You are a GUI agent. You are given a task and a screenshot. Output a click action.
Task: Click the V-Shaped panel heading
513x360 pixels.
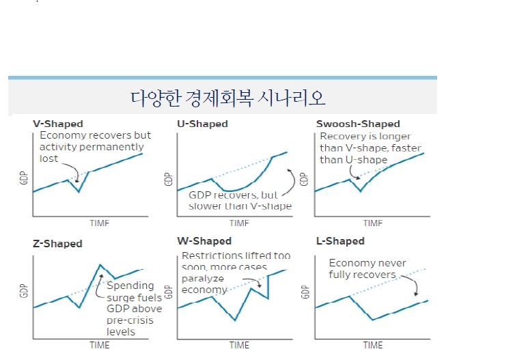(x=58, y=124)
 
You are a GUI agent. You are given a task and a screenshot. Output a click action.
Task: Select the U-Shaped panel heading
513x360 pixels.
(x=202, y=124)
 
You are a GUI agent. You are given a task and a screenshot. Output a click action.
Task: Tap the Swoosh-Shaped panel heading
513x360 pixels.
(x=358, y=124)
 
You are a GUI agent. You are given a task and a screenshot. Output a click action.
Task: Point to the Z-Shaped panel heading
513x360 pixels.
(x=57, y=244)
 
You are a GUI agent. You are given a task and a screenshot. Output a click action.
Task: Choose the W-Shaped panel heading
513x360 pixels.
(x=204, y=241)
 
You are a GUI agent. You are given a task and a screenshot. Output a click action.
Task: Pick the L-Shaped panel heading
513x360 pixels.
(x=340, y=241)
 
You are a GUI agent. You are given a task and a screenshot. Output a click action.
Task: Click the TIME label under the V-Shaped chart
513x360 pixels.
(x=99, y=223)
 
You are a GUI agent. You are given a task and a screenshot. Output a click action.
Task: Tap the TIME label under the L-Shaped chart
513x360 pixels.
(x=373, y=345)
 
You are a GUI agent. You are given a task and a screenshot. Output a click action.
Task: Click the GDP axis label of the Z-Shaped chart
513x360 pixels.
(x=24, y=292)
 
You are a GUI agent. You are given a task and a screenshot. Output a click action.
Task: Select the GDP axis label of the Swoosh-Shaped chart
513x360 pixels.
(x=305, y=179)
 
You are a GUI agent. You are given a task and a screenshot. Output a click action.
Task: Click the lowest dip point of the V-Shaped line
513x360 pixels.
(x=79, y=192)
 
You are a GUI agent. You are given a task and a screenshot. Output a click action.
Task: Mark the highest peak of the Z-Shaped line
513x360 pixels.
(x=100, y=264)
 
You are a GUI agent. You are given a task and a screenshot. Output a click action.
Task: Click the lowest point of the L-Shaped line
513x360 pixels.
(x=372, y=320)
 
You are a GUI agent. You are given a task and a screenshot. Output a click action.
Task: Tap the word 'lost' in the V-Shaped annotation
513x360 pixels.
(x=49, y=158)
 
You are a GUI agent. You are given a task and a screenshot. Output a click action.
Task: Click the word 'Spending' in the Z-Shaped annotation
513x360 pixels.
(x=130, y=286)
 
